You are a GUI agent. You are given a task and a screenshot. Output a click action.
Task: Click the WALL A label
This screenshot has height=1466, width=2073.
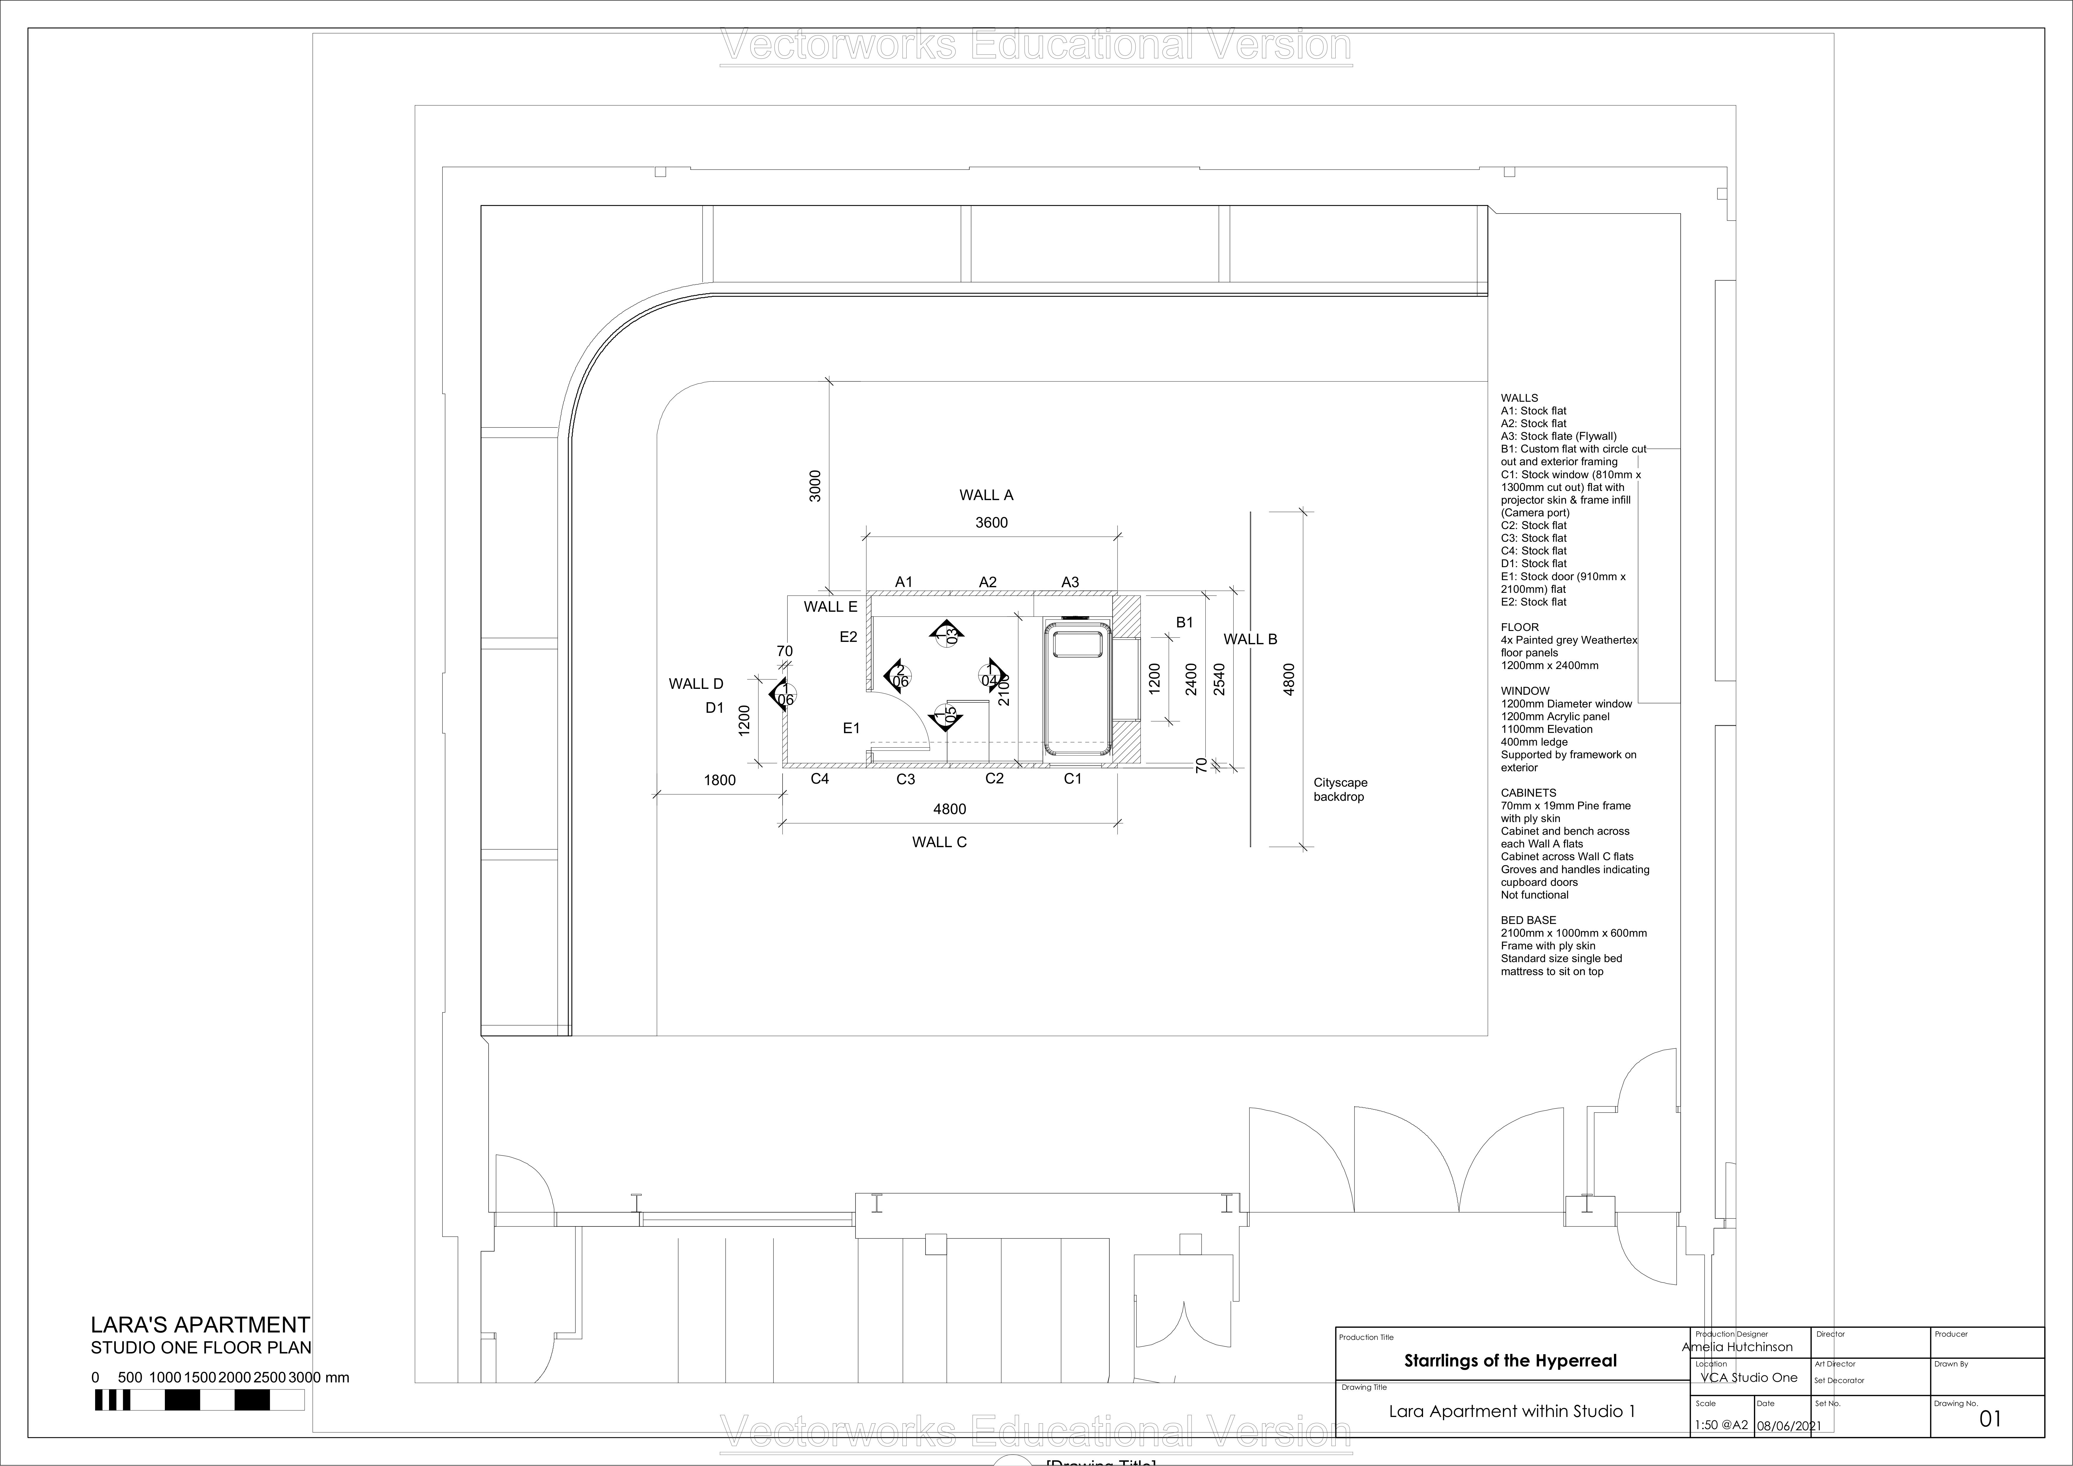click(986, 495)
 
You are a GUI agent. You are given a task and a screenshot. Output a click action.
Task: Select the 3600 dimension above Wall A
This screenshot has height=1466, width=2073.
click(991, 523)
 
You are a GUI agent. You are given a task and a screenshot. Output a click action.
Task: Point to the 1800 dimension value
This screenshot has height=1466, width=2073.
click(720, 780)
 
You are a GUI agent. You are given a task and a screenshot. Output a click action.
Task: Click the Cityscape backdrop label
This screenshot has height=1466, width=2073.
click(1340, 790)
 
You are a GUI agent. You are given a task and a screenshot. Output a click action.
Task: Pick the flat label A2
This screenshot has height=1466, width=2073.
click(988, 582)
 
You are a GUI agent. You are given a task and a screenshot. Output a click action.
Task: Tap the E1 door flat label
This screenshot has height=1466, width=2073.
click(851, 728)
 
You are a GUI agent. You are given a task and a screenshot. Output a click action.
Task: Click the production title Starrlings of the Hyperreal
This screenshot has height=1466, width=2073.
click(1510, 1360)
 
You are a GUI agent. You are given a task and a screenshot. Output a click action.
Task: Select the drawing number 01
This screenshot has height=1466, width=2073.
click(1990, 1418)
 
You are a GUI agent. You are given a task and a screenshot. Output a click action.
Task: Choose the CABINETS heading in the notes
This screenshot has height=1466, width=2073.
click(1529, 793)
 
